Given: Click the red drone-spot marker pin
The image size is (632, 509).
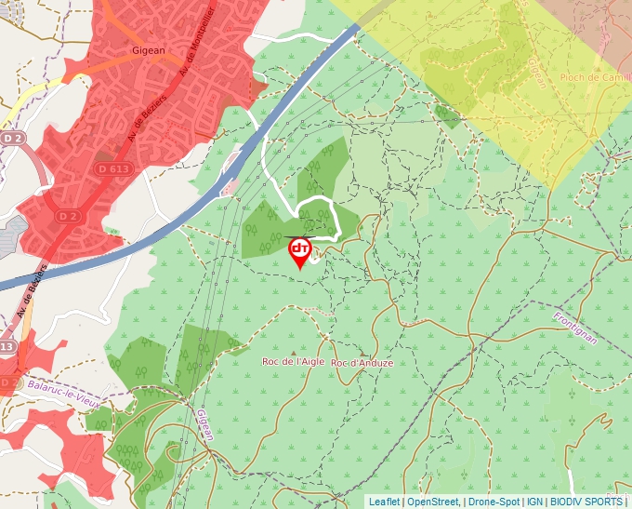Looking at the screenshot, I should click(300, 251).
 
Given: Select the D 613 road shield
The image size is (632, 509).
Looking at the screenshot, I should click(112, 169).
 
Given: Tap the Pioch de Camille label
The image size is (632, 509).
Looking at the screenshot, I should click(596, 77).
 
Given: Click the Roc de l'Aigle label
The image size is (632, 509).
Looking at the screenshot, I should click(293, 361).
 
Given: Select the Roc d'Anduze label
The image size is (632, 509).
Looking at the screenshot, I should click(362, 362).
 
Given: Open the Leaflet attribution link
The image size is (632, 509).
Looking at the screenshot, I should click(384, 502).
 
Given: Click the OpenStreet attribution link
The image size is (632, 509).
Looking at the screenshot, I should click(433, 502).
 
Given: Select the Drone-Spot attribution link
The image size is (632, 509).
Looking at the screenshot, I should click(494, 502).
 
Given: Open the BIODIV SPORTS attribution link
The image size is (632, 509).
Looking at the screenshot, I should click(586, 502).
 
